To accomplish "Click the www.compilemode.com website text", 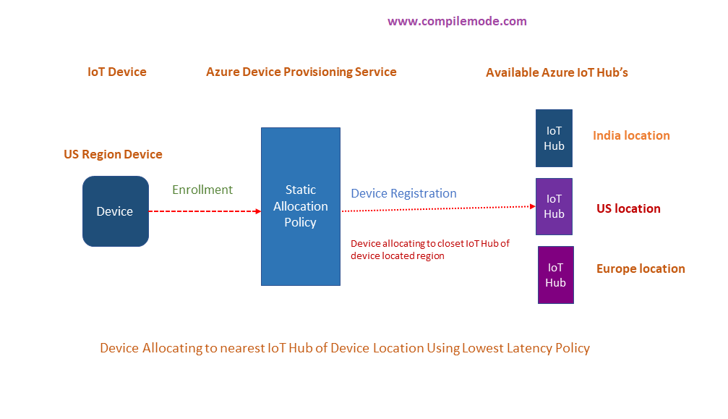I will tap(457, 21).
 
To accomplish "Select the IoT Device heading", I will tap(117, 72).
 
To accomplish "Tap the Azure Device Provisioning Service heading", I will tap(301, 72).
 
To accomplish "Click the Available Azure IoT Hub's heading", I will tap(557, 72).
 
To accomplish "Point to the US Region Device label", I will tap(113, 154).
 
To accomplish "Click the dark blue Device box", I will tap(115, 211).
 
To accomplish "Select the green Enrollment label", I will tap(202, 190).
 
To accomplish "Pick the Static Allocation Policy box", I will tap(300, 206).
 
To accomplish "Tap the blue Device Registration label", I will tap(403, 193).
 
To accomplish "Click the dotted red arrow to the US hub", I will tap(437, 208).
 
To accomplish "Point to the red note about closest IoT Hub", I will tap(429, 250).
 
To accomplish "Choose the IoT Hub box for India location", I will tap(554, 138).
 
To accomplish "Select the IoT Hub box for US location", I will tap(554, 206).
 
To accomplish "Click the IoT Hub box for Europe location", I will tap(555, 275).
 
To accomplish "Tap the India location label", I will tap(631, 135).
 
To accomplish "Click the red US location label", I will tap(628, 208).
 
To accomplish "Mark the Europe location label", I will tap(641, 268).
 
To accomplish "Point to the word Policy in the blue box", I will tap(300, 222).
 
